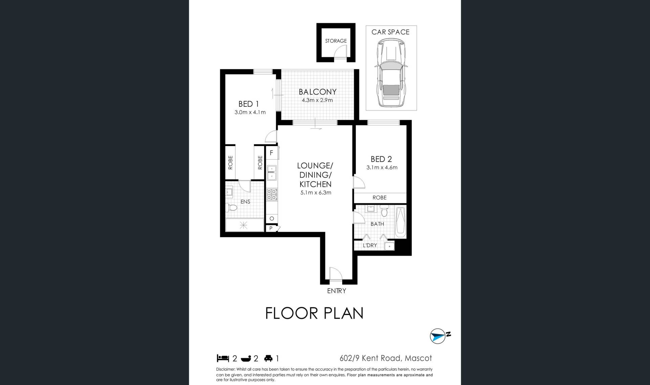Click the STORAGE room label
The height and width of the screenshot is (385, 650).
point(336,41)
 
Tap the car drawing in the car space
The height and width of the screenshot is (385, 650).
point(391,73)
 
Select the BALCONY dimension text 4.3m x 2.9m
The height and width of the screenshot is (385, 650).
point(317,100)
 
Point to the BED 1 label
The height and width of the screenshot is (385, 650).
point(248,104)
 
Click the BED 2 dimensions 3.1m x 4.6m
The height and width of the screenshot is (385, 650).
point(382,167)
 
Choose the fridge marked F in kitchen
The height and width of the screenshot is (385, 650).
point(272,153)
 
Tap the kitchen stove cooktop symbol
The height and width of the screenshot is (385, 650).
point(272,195)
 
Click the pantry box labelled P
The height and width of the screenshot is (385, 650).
point(271,228)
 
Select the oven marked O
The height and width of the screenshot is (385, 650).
point(272,219)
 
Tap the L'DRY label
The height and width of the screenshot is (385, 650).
point(370,245)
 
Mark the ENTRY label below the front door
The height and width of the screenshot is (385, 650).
point(337,291)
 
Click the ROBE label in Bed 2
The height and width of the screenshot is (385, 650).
point(380,198)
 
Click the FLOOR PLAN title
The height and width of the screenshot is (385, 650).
point(315,313)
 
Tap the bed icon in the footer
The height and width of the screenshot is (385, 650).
point(223,358)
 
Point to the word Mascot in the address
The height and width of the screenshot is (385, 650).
point(419,358)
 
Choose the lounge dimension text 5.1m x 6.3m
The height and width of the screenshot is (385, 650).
point(316,193)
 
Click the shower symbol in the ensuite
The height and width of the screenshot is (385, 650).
point(244,225)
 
